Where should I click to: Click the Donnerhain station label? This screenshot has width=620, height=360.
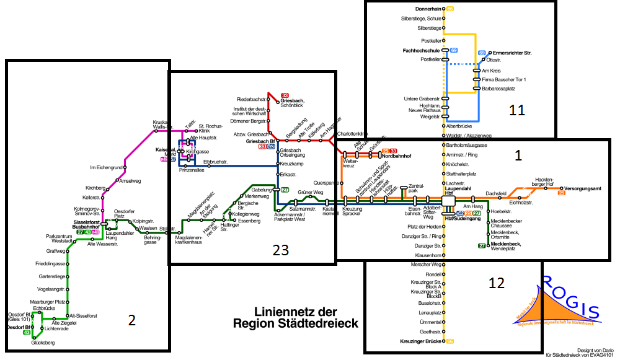[x=428, y=9]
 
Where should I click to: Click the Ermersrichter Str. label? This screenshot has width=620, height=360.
[x=512, y=53]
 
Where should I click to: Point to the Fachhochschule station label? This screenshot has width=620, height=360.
[x=422, y=50]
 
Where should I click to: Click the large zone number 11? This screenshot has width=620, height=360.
[x=516, y=111]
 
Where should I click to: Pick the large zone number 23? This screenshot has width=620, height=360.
[x=281, y=250]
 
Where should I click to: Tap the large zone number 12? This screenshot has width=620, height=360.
[x=496, y=283]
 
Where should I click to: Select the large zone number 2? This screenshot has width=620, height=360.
[x=131, y=320]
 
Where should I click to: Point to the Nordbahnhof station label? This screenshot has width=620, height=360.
[x=397, y=156]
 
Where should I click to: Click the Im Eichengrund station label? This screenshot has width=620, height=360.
[x=105, y=167]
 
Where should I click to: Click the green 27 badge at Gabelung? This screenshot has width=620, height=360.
[x=285, y=190]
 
